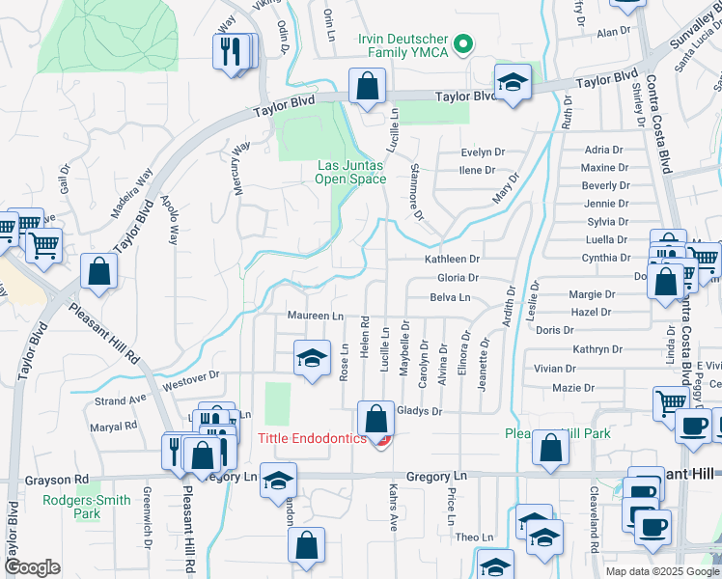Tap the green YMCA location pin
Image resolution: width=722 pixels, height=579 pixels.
click(462, 43)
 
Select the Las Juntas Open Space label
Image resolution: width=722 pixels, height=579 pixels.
click(351, 171)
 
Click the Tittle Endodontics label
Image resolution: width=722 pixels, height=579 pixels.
click(312, 439)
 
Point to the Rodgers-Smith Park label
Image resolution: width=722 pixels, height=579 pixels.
click(73, 507)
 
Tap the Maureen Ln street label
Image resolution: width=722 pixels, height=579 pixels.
click(316, 317)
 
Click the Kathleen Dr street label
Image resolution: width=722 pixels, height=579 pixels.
click(453, 260)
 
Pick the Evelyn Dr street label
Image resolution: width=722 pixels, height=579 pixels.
click(483, 152)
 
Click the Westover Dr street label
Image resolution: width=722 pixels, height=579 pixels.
click(191, 376)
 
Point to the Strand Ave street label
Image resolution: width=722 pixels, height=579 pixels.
click(120, 399)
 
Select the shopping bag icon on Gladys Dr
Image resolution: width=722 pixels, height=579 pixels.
click(375, 421)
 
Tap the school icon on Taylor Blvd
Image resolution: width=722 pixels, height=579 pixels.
click(514, 83)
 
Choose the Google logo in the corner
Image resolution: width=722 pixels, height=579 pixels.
click(32, 566)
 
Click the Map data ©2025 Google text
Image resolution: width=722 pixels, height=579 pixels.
click(660, 571)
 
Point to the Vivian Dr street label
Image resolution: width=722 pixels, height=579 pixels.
click(554, 369)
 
